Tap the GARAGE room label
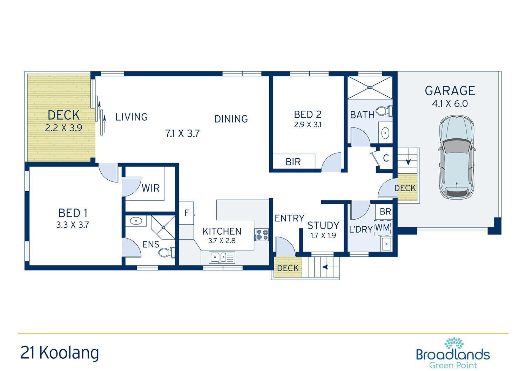[450, 91]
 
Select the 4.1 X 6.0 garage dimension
[450, 104]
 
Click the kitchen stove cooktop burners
[261, 234]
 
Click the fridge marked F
[187, 213]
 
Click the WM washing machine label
[383, 228]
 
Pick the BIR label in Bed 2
[293, 162]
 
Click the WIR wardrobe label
[150, 188]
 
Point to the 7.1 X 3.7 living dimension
[182, 133]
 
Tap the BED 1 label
[73, 213]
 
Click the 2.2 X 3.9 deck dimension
[63, 128]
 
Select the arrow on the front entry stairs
[325, 267]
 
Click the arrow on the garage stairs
[408, 162]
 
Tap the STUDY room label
[323, 225]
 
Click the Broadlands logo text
[453, 354]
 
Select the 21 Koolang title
[60, 352]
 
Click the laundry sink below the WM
[386, 244]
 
